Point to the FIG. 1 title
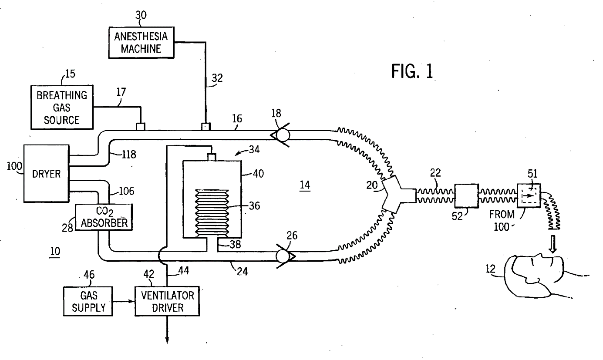click(x=412, y=71)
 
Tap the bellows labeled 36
click(x=212, y=213)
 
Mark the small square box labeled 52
click(x=467, y=196)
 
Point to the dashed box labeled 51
click(x=529, y=195)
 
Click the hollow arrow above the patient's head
click(x=552, y=244)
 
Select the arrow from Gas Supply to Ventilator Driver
click(x=124, y=301)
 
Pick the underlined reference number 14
click(x=305, y=185)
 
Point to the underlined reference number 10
click(x=55, y=252)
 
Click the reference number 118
click(x=129, y=155)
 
